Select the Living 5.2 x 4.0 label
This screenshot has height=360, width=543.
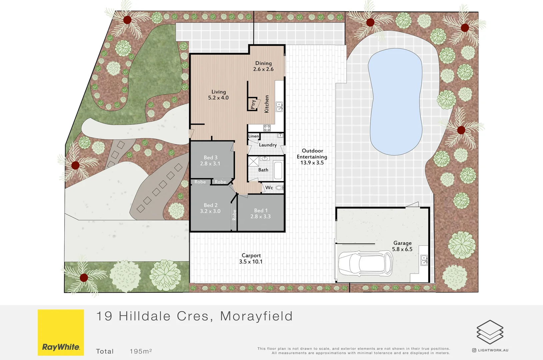(218, 95)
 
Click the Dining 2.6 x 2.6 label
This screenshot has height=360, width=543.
(263, 66)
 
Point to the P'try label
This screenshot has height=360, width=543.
(253, 104)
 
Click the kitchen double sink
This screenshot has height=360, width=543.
(279, 107)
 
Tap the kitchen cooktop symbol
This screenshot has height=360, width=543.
(267, 128)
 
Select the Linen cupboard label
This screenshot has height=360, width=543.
(253, 136)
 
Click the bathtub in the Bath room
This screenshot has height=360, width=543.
(278, 170)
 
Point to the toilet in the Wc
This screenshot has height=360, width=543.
(279, 188)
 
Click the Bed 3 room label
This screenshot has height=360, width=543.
(210, 160)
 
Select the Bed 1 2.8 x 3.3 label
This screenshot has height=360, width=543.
(261, 213)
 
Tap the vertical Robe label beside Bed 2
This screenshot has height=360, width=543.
(234, 215)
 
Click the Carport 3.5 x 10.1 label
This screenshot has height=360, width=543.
(251, 258)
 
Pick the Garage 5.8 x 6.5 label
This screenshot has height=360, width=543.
(402, 246)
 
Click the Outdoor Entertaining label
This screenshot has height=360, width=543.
(312, 157)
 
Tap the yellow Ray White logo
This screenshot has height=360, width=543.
(61, 332)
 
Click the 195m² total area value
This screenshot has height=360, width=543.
(141, 351)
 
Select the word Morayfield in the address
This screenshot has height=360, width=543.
(256, 316)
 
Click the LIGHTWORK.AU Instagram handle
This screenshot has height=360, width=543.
(493, 350)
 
